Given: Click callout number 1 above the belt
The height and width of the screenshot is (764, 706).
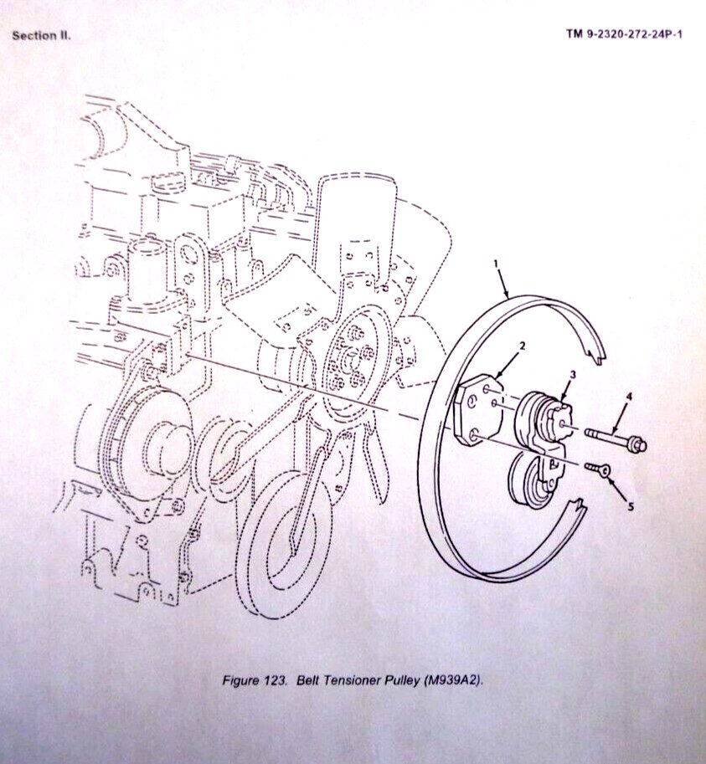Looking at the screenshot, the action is point(497,264).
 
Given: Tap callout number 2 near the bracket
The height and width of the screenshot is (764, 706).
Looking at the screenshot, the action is point(523,346).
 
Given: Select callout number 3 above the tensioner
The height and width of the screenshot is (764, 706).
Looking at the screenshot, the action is point(574,374).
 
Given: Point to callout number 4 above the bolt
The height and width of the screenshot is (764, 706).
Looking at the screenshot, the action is point(629,397).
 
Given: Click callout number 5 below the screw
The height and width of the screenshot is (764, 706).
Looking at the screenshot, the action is point(631,507).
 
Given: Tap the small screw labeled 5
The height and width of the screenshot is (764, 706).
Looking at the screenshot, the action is point(598,469).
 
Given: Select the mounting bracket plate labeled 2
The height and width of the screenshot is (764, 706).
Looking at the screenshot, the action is point(479,409).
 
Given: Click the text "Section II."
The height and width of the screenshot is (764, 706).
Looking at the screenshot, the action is point(41,36).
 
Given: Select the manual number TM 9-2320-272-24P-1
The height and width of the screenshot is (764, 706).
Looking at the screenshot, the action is point(624,33).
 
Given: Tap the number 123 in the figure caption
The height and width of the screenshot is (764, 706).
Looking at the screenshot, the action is point(275,680).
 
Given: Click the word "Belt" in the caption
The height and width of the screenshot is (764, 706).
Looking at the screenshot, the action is point(308,680).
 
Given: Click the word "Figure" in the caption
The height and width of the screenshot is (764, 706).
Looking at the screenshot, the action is point(242,680).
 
